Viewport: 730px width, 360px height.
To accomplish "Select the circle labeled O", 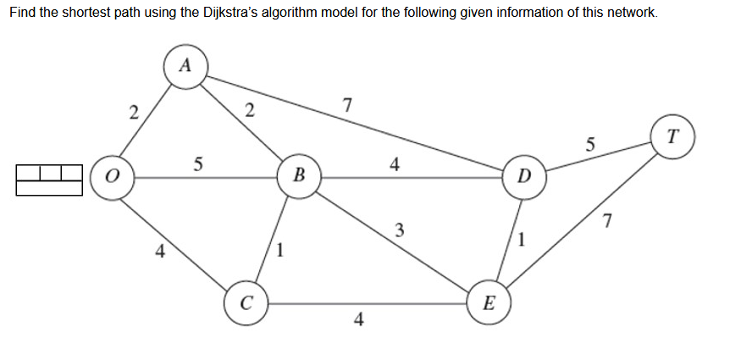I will point(111,178).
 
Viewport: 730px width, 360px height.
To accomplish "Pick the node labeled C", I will point(245,302).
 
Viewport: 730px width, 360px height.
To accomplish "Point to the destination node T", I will point(672,136).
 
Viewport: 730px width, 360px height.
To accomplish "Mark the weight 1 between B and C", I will point(281,250).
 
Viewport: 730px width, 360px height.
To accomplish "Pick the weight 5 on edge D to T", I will point(590,143).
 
